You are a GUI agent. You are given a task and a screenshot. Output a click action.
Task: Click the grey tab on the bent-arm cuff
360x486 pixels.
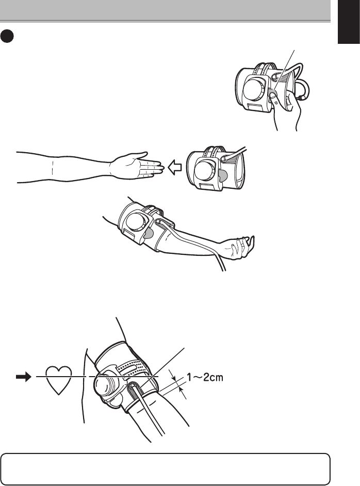pyautogui.click(x=149, y=234)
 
